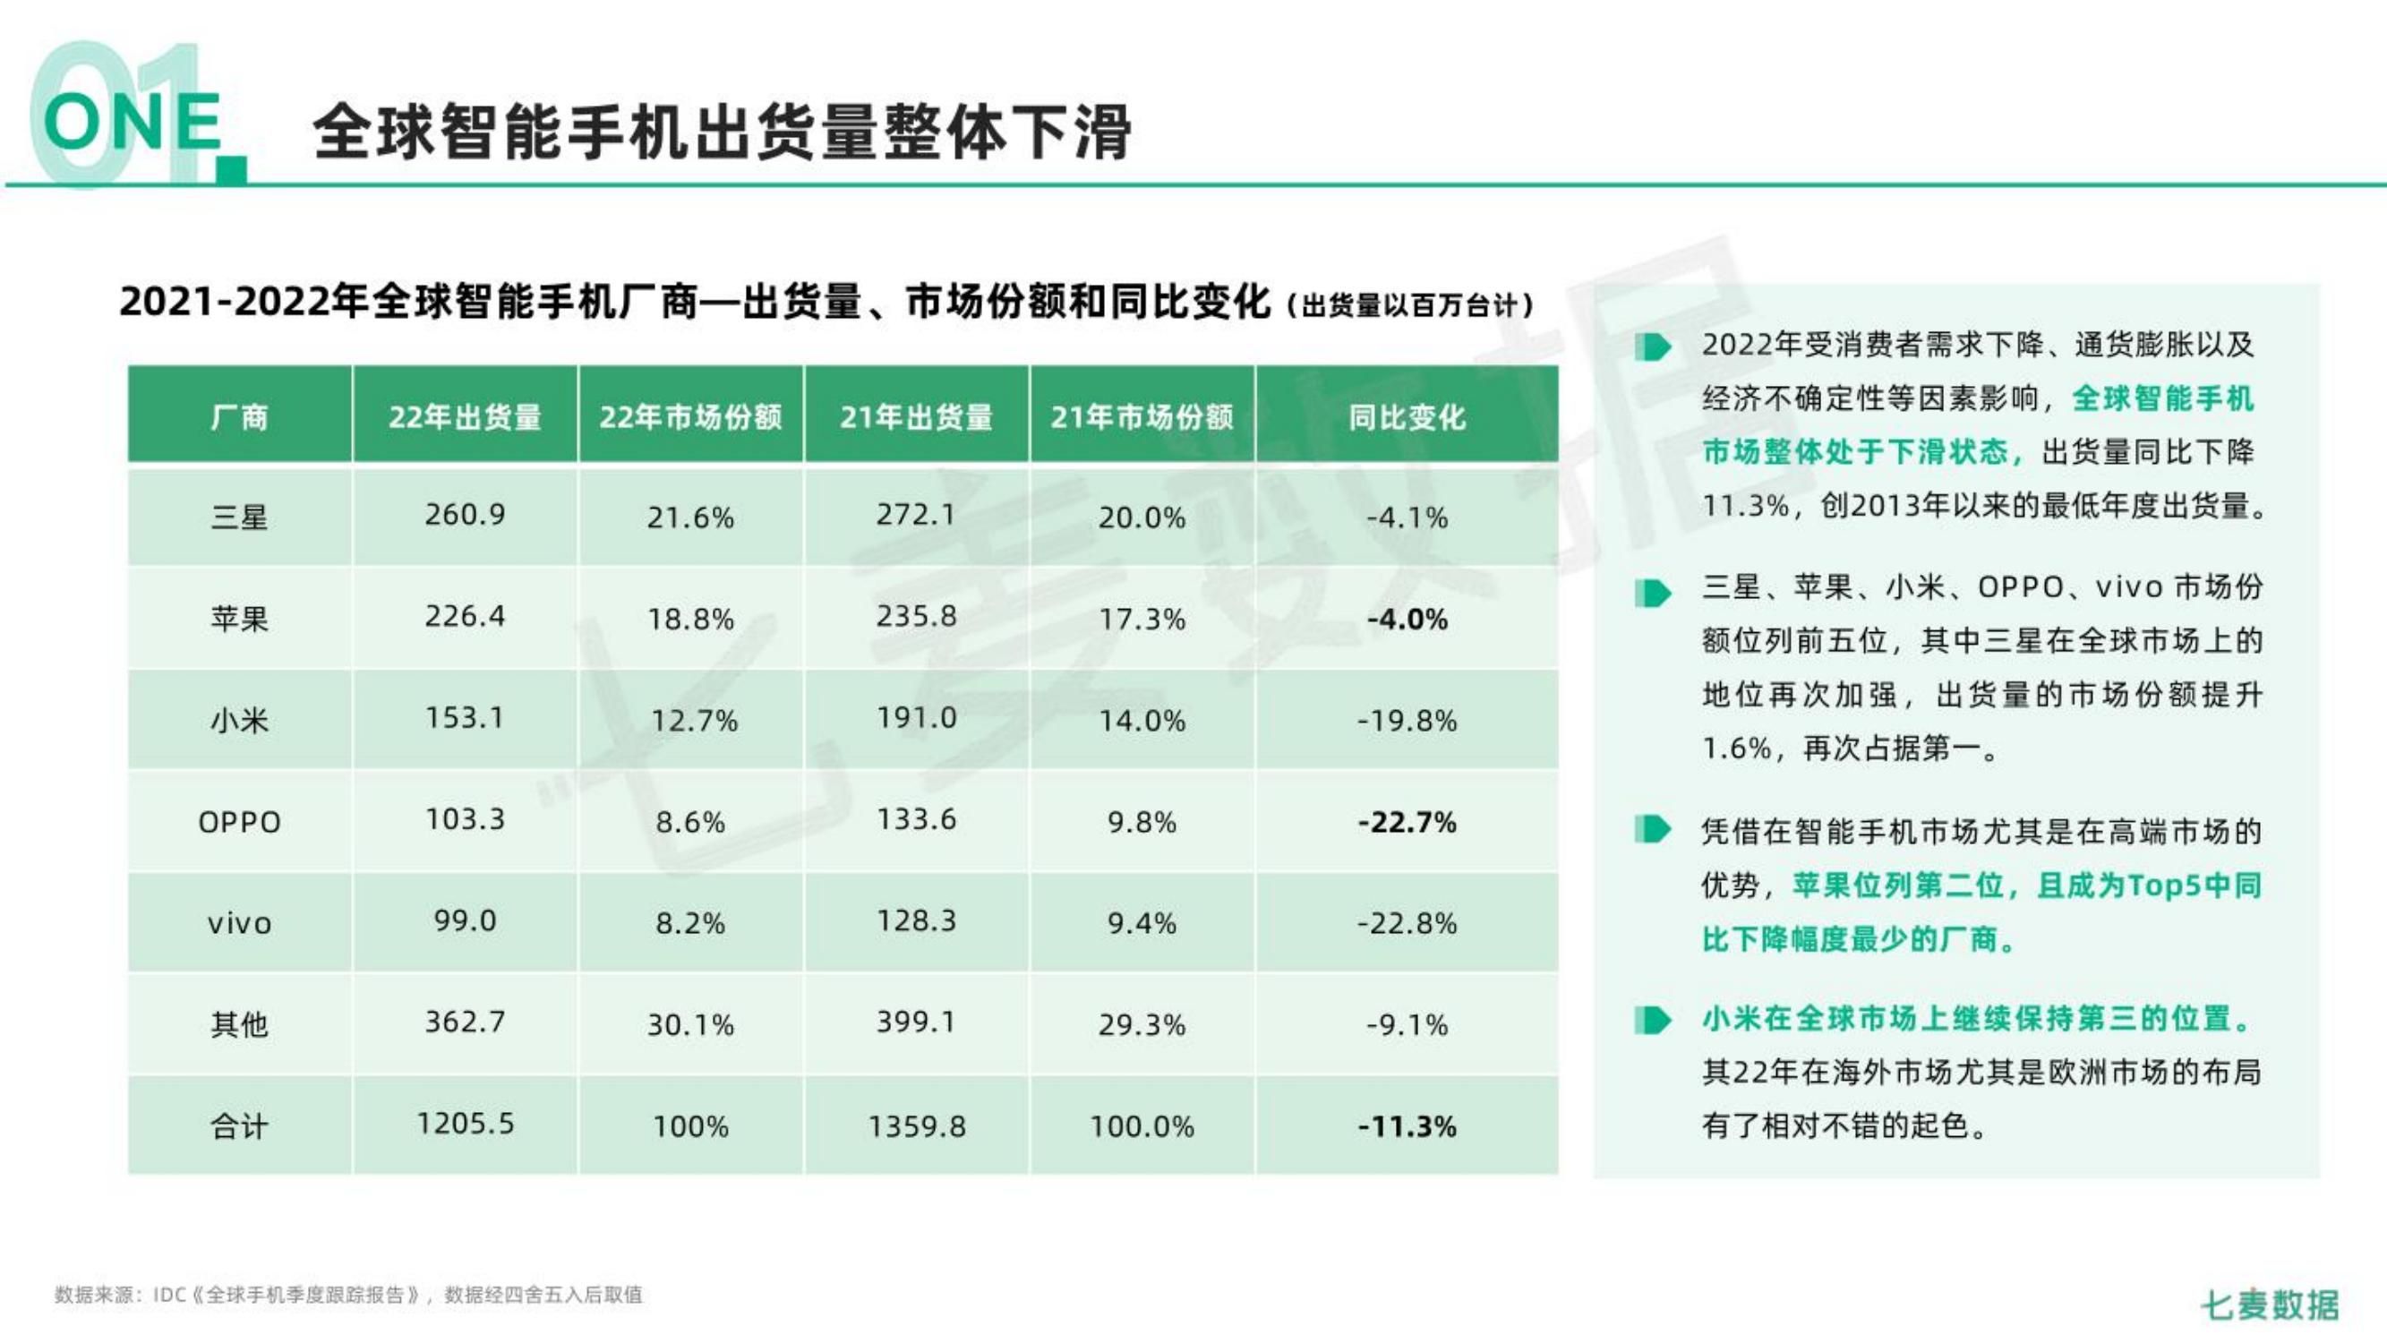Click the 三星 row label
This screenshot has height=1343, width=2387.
(x=239, y=517)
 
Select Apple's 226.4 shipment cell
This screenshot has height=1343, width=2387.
(x=466, y=616)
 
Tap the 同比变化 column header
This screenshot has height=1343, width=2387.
(x=1407, y=417)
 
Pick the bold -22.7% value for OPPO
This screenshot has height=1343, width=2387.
(x=1407, y=822)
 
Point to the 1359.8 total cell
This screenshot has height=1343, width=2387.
(x=917, y=1126)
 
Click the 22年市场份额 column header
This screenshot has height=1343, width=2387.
(x=690, y=417)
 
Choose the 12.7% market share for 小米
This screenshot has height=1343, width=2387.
(x=694, y=720)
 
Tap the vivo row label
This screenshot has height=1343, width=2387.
(x=239, y=923)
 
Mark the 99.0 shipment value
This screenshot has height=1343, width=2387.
(x=466, y=920)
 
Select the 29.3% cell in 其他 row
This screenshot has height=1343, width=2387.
(x=1142, y=1024)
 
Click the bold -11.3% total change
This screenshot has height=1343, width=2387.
(x=1407, y=1126)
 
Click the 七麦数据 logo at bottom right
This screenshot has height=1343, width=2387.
(x=2270, y=1305)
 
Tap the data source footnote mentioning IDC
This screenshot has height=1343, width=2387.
(x=348, y=1295)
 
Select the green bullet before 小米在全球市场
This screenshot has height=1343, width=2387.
(x=1652, y=1020)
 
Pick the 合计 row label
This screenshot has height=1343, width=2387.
(x=239, y=1126)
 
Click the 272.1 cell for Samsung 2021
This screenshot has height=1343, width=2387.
(x=917, y=515)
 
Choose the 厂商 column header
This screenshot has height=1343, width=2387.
(x=239, y=417)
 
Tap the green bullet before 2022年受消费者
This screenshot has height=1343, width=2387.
(x=1652, y=347)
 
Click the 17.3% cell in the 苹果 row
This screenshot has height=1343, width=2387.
(x=1142, y=618)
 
